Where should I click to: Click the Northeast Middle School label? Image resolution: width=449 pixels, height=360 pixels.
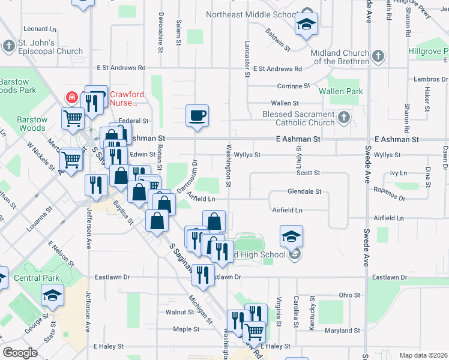click(252, 14)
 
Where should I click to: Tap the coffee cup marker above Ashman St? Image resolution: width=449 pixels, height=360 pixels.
click(197, 115)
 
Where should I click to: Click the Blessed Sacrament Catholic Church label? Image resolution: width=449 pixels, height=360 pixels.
click(298, 119)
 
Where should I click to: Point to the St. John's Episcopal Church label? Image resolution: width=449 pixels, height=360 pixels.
click(45, 47)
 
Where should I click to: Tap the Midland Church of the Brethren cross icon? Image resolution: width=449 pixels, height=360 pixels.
click(378, 57)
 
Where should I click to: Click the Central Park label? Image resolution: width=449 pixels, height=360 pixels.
click(37, 278)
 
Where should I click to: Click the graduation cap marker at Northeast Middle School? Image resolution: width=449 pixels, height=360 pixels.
click(306, 24)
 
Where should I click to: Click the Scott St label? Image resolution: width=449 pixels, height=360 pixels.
click(308, 173)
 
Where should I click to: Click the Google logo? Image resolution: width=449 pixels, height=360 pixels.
click(20, 353)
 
